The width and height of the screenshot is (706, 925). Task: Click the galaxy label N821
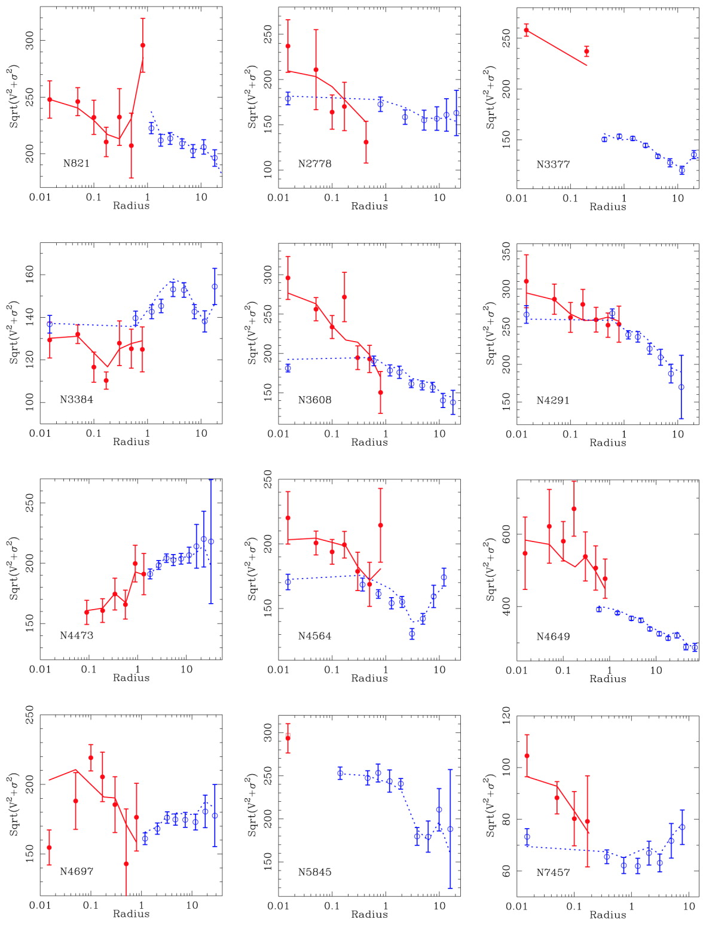pyautogui.click(x=76, y=163)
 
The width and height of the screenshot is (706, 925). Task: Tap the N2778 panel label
pyautogui.click(x=314, y=163)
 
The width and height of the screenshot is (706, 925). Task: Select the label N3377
pyautogui.click(x=553, y=164)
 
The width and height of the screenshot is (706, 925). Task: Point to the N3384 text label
pyautogui.click(x=77, y=399)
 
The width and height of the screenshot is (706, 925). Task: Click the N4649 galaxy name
pyautogui.click(x=553, y=636)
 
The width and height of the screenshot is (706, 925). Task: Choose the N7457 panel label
pyautogui.click(x=553, y=872)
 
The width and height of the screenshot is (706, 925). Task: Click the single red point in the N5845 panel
pyautogui.click(x=288, y=738)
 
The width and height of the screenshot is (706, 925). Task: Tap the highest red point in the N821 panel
pyautogui.click(x=142, y=45)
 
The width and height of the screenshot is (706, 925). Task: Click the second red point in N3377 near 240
pyautogui.click(x=586, y=51)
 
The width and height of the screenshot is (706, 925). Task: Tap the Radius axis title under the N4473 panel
pyautogui.click(x=131, y=677)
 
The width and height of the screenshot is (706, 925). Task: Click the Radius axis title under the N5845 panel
pyautogui.click(x=369, y=914)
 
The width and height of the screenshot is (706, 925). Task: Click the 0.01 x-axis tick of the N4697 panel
pyautogui.click(x=41, y=905)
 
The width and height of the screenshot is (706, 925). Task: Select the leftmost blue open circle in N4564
pyautogui.click(x=288, y=582)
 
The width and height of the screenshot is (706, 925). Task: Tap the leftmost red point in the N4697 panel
pyautogui.click(x=49, y=847)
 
